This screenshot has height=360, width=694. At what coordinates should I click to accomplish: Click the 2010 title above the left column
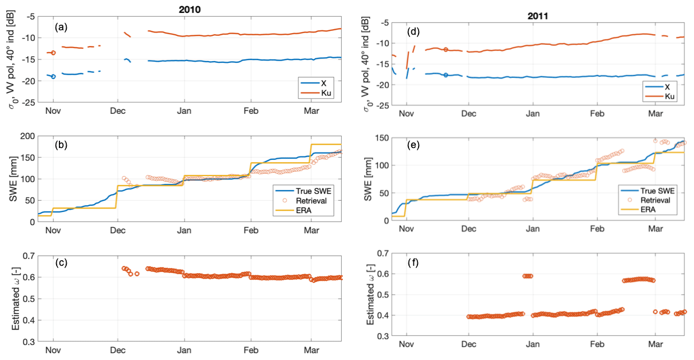[190, 10]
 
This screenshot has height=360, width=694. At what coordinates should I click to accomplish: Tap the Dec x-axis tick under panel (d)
[468, 113]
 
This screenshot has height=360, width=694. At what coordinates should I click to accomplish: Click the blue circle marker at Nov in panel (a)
[53, 76]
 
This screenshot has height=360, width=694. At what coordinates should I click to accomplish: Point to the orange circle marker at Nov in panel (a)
[53, 53]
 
